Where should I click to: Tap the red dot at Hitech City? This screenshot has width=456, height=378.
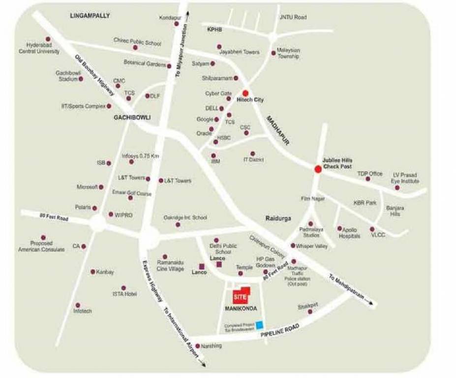(245, 93)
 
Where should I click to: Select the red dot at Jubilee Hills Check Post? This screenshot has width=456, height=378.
(318, 169)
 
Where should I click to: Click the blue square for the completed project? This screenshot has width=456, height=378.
(259, 324)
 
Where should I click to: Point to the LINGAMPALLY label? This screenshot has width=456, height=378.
(90, 16)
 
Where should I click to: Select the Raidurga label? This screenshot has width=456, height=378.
(278, 218)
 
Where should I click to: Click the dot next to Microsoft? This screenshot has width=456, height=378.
(101, 187)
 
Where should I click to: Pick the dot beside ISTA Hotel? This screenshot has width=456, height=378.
(123, 288)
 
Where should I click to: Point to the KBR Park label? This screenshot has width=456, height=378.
(365, 202)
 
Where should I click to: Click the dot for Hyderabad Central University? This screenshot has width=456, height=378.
(48, 39)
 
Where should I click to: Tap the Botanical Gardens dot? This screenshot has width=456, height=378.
(169, 66)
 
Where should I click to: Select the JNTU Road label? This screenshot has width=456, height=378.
(293, 17)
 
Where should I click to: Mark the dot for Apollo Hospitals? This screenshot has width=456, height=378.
(339, 228)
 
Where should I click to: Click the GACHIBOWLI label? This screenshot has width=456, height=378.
(132, 118)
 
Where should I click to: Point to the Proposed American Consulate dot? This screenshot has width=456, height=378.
(43, 237)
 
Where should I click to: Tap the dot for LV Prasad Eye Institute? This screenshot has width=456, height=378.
(397, 188)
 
